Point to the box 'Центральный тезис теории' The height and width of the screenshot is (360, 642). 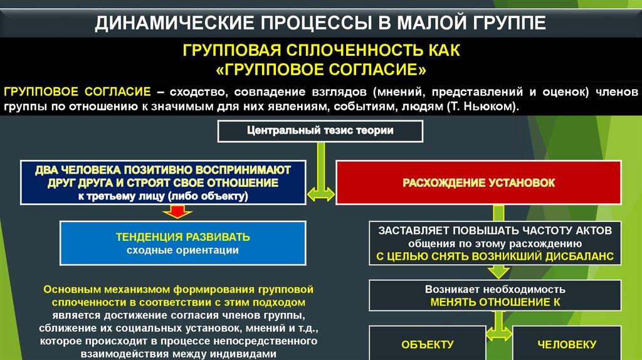(320, 131)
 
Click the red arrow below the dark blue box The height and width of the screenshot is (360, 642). (177, 213)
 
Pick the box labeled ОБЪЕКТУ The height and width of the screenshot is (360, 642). (427, 344)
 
